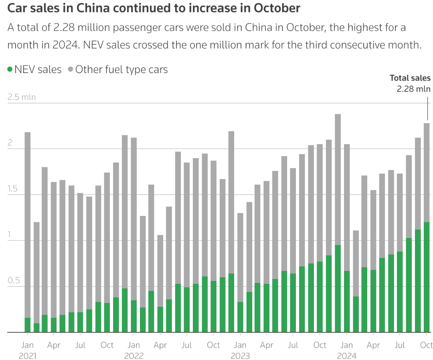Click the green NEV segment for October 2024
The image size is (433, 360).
pyautogui.click(x=427, y=277)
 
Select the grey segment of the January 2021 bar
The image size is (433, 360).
pyautogui.click(x=28, y=225)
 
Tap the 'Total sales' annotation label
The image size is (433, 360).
pyautogui.click(x=410, y=78)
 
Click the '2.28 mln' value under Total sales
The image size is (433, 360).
pyautogui.click(x=413, y=89)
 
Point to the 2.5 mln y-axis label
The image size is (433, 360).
pyautogui.click(x=22, y=97)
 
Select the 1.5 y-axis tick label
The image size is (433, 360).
pyautogui.click(x=13, y=189)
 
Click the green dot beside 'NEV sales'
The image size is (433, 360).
pyautogui.click(x=10, y=69)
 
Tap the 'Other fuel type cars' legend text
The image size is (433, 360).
pyautogui.click(x=121, y=69)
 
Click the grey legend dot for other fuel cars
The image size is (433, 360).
pyautogui.click(x=71, y=69)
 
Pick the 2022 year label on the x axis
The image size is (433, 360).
pyautogui.click(x=134, y=356)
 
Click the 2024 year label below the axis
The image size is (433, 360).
pyautogui.click(x=346, y=356)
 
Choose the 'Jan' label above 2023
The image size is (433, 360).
pyautogui.click(x=240, y=345)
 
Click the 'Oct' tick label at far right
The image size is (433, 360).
pyautogui.click(x=426, y=345)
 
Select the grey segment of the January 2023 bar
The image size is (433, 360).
pyautogui.click(x=240, y=257)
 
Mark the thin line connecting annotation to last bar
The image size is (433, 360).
pyautogui.click(x=427, y=108)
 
